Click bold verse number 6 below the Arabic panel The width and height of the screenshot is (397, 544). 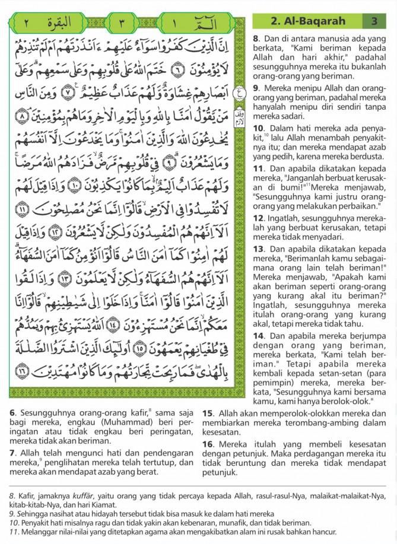(12, 412)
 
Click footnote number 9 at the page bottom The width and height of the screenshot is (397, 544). (11, 514)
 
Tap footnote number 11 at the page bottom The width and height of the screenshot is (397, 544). (13, 532)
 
